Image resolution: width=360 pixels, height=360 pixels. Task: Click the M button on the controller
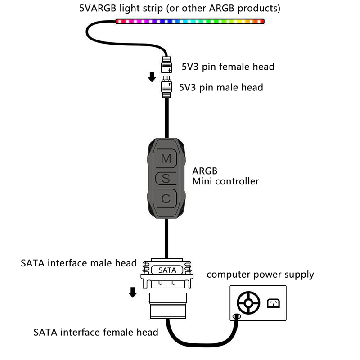coord(166,158)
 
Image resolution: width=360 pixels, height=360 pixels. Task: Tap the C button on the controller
coord(166,198)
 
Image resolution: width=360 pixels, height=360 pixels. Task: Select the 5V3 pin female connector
coord(166,66)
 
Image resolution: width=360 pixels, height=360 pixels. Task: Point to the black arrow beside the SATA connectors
coord(133,292)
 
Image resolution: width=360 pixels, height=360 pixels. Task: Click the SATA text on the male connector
coord(167,270)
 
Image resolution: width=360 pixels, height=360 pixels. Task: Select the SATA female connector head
coord(167,305)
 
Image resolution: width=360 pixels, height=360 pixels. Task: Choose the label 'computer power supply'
coord(260,274)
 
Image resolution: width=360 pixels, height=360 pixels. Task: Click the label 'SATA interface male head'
coord(79,263)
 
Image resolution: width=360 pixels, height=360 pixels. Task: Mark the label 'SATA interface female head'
coord(96,333)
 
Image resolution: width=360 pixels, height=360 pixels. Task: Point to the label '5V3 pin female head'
coord(228,67)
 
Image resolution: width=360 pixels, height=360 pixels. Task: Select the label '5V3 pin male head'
coord(221,87)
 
